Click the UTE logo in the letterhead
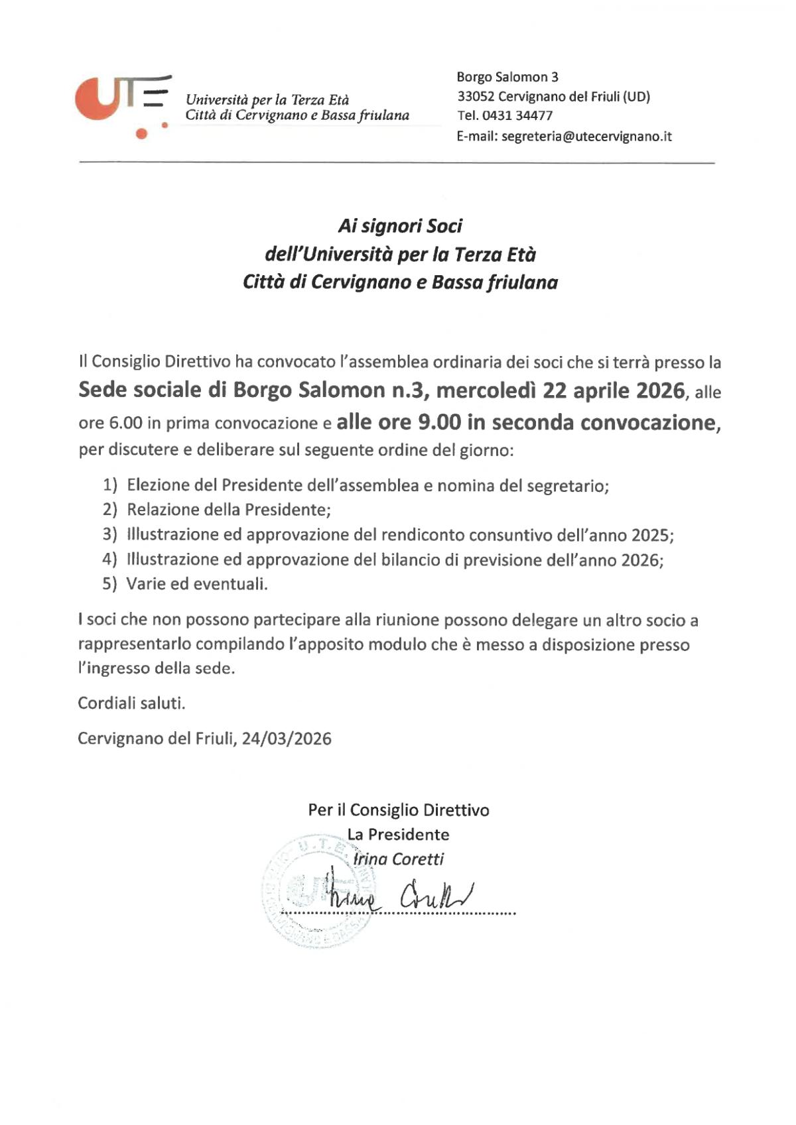[123, 106]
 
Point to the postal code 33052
[475, 97]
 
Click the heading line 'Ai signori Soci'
[400, 226]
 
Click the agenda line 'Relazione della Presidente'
[228, 510]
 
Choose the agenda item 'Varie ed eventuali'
[197, 584]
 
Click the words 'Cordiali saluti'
[131, 703]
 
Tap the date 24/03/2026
[287, 739]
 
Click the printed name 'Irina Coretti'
[398, 859]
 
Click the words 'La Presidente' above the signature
[398, 835]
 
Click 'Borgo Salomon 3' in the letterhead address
[507, 78]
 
